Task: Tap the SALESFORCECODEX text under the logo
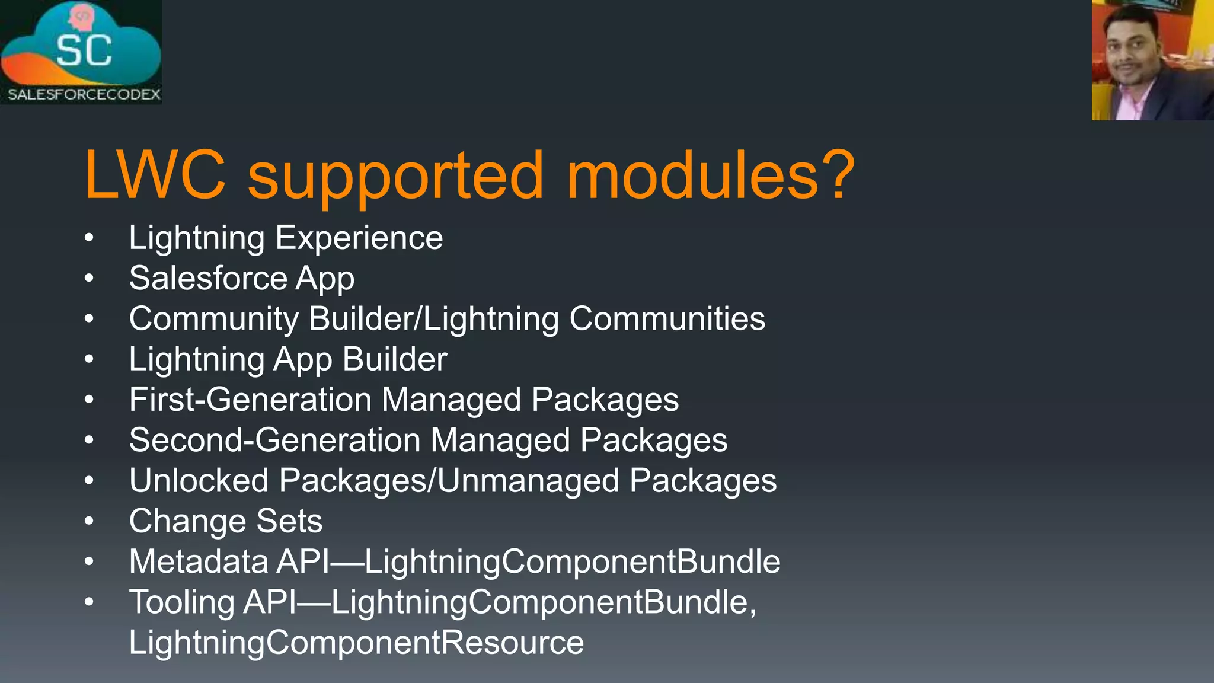[x=84, y=94]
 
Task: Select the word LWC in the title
[x=155, y=175]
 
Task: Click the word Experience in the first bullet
[x=359, y=238]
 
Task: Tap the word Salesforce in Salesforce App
[x=207, y=279]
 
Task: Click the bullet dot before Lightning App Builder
[x=89, y=359]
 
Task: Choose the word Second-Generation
[x=274, y=441]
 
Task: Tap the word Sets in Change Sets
[x=289, y=521]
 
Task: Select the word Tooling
[x=181, y=602]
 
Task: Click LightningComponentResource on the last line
[x=356, y=643]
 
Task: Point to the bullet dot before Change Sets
[x=89, y=521]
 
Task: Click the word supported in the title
[x=395, y=176]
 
